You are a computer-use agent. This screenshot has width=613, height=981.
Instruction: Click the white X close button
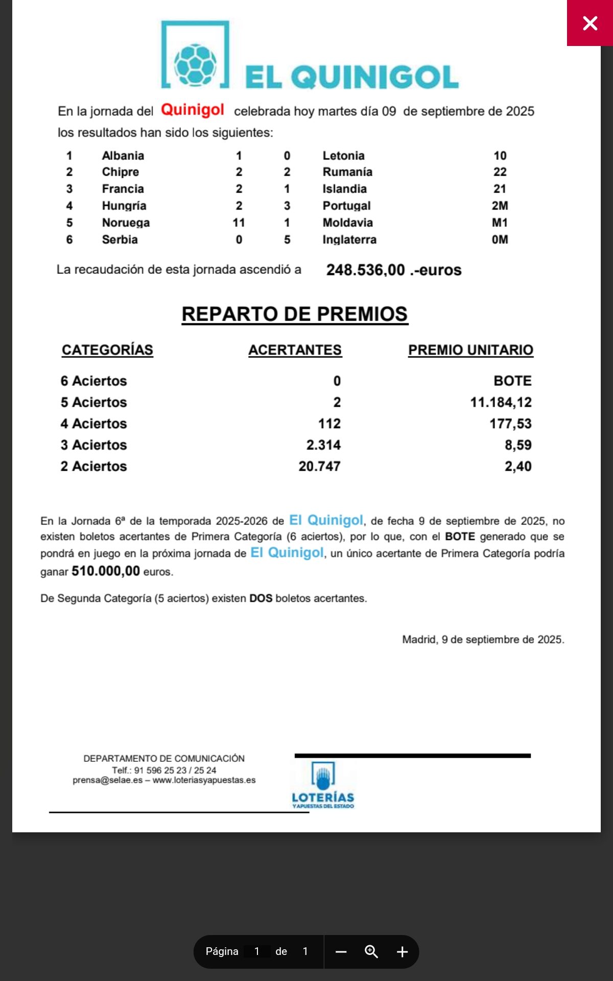coord(590,23)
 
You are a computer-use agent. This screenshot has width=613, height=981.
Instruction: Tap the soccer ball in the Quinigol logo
coord(195,64)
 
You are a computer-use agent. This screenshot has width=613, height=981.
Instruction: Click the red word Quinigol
coord(193,110)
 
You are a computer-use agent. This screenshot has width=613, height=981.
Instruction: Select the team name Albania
coord(123,155)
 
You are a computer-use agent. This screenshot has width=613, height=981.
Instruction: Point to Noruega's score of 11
coord(239,223)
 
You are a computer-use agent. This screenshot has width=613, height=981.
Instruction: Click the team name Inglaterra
coord(349,240)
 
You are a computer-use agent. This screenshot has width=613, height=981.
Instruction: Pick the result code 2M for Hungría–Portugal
coord(500,206)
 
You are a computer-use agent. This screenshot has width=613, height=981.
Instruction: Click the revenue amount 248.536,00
coord(365,270)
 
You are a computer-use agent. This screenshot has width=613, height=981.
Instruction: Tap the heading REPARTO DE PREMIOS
coord(295,314)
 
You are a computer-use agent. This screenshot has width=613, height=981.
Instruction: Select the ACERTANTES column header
coord(295,350)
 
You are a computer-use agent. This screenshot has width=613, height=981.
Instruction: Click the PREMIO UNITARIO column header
coord(470,350)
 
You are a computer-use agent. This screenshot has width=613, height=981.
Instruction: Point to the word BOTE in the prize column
coord(512,381)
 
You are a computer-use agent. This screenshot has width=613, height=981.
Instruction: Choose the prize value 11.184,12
coord(501,403)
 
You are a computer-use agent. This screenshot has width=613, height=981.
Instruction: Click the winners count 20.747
coord(319,466)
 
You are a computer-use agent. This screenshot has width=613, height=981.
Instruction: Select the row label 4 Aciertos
coord(93,424)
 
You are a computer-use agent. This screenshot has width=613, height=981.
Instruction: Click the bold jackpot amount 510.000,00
coord(106,571)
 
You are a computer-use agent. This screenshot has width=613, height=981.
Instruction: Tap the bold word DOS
coord(261,598)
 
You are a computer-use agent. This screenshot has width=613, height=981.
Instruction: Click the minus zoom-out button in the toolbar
coord(341,952)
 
